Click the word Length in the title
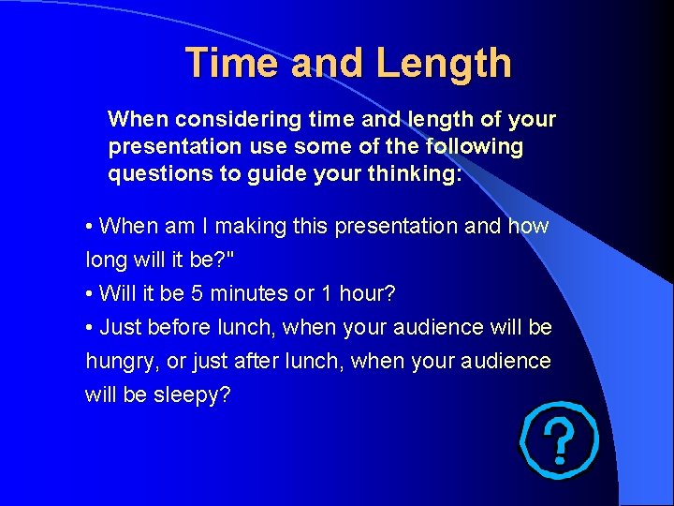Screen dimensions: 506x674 coord(444,63)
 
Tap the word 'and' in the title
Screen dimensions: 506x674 coord(328,63)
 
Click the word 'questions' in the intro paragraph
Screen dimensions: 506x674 coord(153,174)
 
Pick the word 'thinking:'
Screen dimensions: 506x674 coord(415,174)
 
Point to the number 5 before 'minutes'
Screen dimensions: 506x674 coord(197,293)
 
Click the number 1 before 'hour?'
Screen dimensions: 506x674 coord(326,293)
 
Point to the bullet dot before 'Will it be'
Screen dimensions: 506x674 coord(88,294)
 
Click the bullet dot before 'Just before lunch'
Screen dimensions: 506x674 coord(88,328)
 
